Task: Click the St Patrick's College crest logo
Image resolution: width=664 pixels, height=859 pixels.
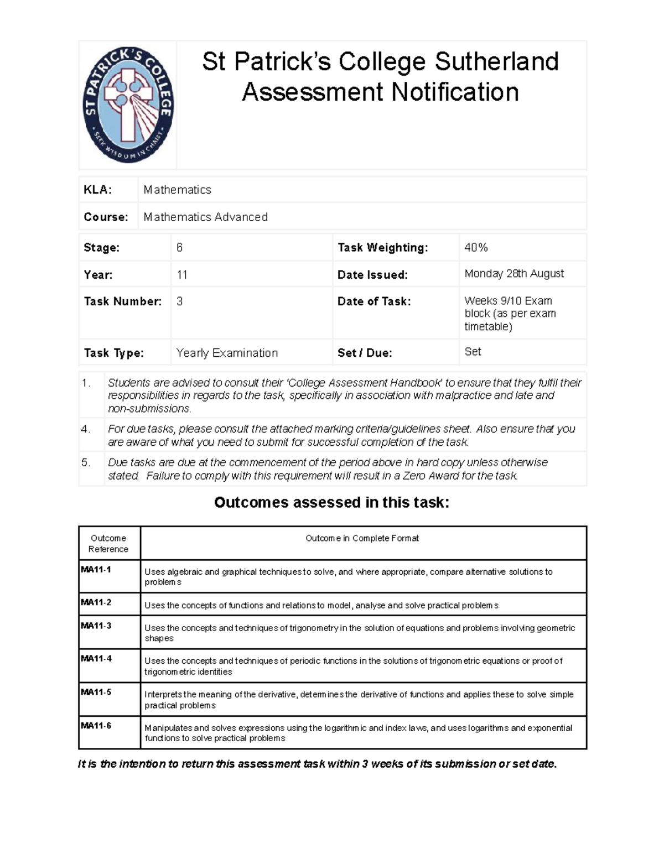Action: point(128,105)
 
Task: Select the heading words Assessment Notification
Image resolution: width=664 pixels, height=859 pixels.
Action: point(380,92)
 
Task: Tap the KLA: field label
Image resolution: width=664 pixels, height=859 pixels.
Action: point(97,190)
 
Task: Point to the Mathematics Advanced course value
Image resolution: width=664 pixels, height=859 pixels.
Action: point(205,217)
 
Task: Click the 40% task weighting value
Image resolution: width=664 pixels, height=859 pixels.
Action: point(476,247)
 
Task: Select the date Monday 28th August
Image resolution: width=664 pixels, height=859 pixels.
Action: point(514,273)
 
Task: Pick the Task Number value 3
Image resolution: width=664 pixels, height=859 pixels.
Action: point(179,301)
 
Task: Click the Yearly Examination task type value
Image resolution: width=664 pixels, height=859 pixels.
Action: point(227,353)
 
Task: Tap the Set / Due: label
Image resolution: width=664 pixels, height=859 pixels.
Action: point(365,353)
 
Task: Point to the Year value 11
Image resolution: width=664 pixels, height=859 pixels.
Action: point(182,274)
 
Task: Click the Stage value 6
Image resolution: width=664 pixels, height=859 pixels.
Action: point(179,247)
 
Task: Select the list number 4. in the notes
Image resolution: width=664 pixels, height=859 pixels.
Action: point(86,429)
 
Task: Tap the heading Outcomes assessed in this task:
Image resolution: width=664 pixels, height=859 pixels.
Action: point(331,502)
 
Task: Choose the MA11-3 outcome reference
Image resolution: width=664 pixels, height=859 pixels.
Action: point(96,626)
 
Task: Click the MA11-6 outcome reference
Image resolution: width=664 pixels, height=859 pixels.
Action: point(96,725)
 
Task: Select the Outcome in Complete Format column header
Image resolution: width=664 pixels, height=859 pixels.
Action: point(362,538)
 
